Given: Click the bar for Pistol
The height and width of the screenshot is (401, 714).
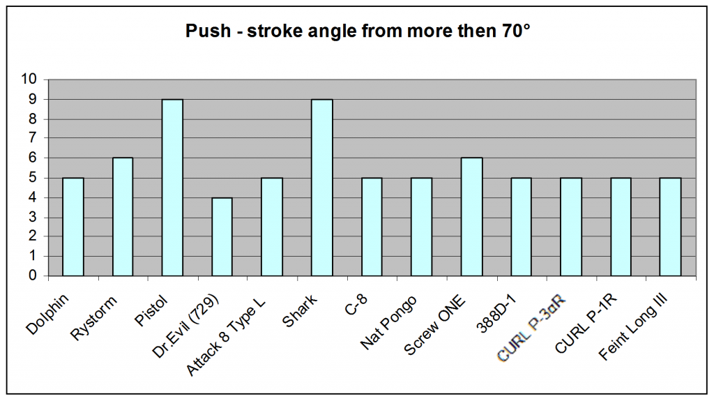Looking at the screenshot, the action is pos(172,188).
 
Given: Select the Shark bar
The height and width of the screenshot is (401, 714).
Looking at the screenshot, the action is pos(321,188).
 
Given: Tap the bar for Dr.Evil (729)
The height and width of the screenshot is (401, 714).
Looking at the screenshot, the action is pos(222,236).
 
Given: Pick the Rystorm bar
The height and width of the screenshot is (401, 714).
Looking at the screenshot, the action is pos(123,216).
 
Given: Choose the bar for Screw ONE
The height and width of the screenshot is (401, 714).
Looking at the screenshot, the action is pos(471,216).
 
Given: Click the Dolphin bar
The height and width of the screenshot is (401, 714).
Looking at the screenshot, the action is pos(73,227).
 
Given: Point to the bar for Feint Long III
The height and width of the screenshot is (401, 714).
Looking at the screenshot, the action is pos(670,227).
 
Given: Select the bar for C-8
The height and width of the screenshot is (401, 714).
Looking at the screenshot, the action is pos(372,227).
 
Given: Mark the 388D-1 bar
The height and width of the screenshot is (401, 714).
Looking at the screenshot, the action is pos(521,227).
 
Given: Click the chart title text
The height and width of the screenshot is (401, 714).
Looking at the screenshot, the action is pos(358,31).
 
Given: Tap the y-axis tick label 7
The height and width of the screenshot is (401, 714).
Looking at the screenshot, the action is pos(32,138).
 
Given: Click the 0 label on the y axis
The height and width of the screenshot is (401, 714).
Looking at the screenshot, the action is pos(32,275).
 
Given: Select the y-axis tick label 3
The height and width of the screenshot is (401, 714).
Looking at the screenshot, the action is pos(32,217).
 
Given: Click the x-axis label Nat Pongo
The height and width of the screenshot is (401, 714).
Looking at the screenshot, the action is pos(388,322).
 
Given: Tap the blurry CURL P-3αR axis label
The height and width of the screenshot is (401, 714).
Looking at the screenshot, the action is pos(531,328).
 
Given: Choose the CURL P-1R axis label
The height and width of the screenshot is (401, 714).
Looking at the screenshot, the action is pos(586,323).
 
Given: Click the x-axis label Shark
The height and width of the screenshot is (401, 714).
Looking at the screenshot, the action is pos(299,311).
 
